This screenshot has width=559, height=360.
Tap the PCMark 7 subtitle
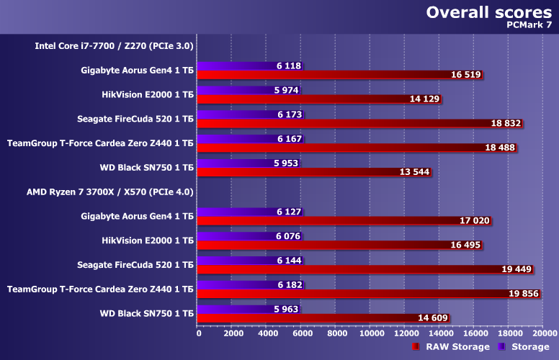529,26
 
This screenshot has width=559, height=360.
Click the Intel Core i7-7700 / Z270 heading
115,46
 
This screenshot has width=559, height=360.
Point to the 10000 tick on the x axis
370,333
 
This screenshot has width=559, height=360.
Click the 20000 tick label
543,333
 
